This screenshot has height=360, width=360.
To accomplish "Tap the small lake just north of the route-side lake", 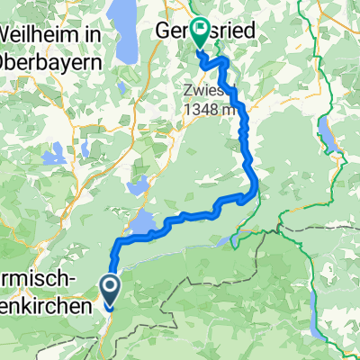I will (139, 186).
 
